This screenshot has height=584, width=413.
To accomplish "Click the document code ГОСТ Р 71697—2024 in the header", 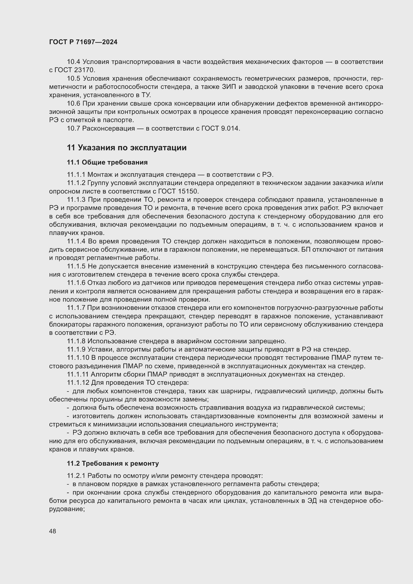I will pos(83,42).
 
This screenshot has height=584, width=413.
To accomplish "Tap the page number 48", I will pos(53,531).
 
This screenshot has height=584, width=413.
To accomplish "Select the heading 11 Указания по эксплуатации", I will pos(127,148).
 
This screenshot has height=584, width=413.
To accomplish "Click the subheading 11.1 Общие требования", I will pos(107,162).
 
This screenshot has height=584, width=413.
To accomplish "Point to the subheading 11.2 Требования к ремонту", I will pos(113,463).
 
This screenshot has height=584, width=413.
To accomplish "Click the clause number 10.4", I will pos(73,62).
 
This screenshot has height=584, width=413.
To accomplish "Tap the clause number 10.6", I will pos(73,104).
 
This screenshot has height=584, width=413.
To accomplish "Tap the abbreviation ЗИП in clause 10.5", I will pos(229,87).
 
